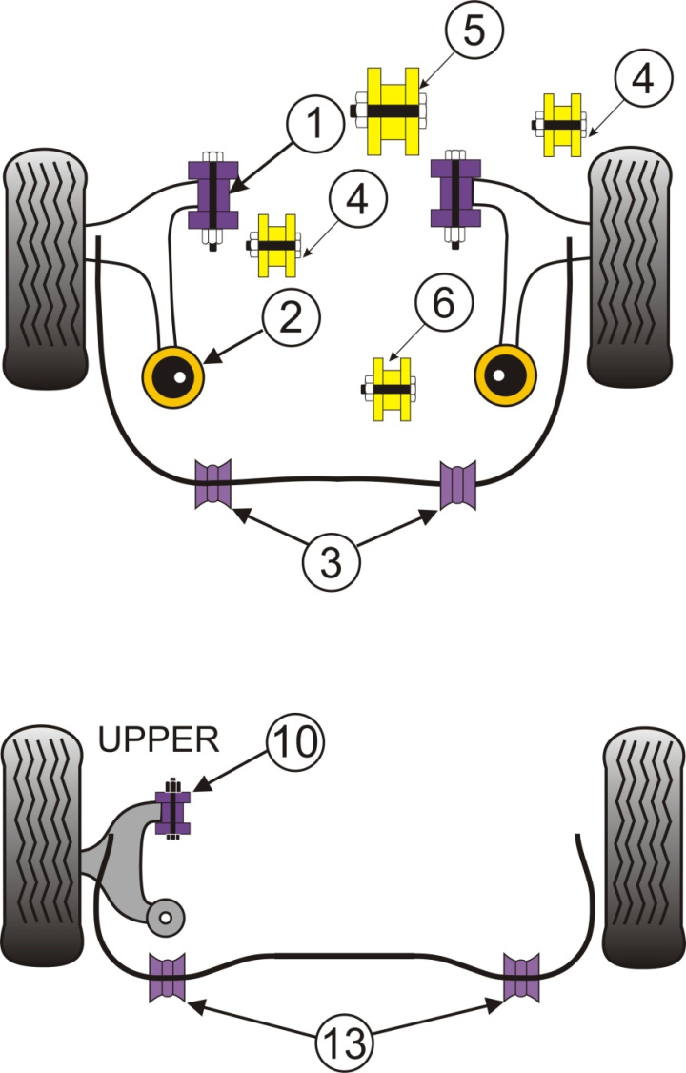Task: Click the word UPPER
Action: point(161,739)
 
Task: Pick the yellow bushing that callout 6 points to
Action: point(392,389)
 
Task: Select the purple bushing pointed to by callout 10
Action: point(173,810)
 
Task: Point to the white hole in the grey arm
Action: point(166,919)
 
